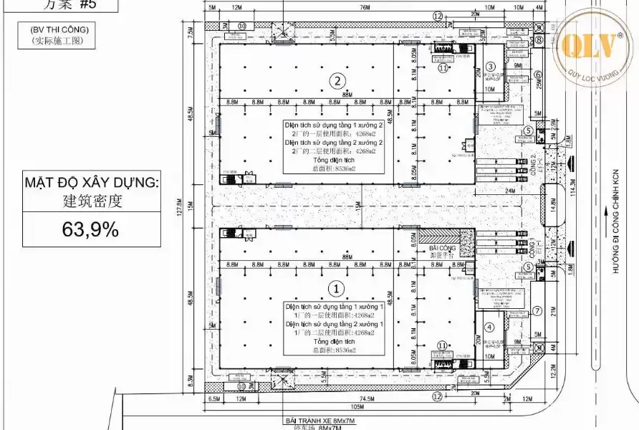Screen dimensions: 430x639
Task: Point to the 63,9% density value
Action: pyautogui.click(x=90, y=230)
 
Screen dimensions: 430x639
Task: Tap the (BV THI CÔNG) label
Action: pyautogui.click(x=59, y=29)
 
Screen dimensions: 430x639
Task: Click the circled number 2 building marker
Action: pyautogui.click(x=338, y=80)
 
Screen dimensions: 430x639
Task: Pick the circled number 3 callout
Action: pyautogui.click(x=491, y=67)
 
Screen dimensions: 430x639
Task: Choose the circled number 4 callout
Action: pyautogui.click(x=491, y=328)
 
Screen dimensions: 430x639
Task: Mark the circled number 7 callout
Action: pyautogui.click(x=537, y=311)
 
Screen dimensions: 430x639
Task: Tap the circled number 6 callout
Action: pyautogui.click(x=537, y=74)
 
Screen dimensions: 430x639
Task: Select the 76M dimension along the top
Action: pyautogui.click(x=364, y=8)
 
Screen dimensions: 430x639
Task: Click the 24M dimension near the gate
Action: pyautogui.click(x=510, y=191)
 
